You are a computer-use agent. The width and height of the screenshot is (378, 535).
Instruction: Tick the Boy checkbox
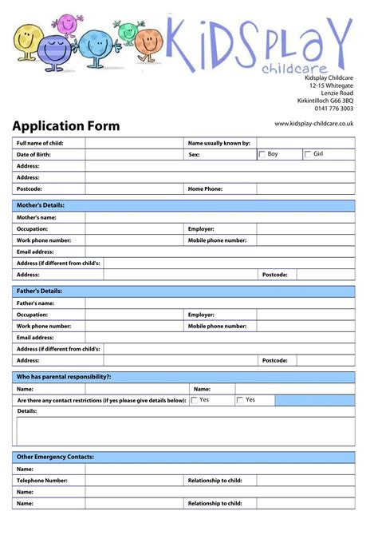click(262, 154)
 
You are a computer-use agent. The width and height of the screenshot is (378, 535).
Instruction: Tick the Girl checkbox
click(308, 154)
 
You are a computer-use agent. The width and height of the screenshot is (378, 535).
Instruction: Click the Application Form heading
click(65, 126)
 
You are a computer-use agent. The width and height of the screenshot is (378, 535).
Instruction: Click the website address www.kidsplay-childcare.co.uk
click(313, 123)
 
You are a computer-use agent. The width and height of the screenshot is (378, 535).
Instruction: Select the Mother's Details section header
click(41, 205)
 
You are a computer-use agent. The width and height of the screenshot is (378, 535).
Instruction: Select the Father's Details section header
click(39, 291)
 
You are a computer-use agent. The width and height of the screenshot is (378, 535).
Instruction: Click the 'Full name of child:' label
click(40, 143)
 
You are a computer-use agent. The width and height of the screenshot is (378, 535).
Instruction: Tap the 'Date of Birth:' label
click(33, 154)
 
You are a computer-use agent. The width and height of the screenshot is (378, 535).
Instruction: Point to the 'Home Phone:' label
click(205, 189)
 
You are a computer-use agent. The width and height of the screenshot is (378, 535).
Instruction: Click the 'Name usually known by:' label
click(219, 143)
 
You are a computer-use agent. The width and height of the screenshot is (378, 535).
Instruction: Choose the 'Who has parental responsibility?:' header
click(64, 376)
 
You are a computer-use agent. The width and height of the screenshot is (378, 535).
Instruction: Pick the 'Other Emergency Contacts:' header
click(55, 457)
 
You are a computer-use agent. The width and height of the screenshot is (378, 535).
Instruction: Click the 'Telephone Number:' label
click(42, 481)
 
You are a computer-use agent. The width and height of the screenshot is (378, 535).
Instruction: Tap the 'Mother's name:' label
click(37, 217)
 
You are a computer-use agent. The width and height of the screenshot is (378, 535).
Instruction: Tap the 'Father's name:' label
click(36, 303)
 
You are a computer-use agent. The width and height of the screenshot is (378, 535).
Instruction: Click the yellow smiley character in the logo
click(26, 40)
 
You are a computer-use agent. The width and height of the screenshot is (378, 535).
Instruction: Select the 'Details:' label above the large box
click(27, 410)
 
